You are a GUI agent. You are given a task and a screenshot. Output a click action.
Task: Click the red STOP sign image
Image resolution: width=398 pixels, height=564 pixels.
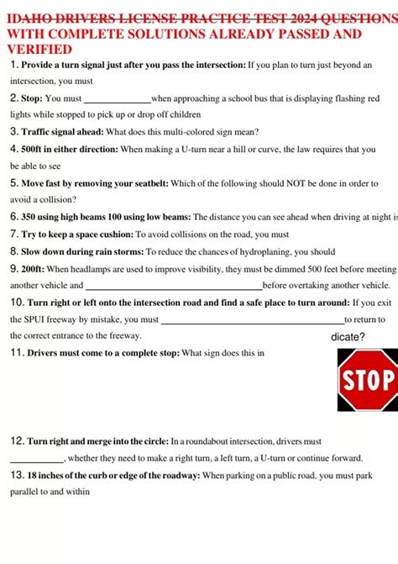point(367,380)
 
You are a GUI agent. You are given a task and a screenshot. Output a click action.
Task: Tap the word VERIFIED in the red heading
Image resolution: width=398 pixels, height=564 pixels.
point(39,50)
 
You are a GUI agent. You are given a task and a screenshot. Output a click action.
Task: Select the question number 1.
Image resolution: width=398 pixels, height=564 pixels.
point(14,65)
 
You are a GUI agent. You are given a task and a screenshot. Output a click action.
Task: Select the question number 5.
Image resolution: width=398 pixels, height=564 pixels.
point(14,182)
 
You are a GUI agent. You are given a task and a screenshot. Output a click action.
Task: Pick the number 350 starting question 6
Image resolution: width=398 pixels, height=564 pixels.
point(31,217)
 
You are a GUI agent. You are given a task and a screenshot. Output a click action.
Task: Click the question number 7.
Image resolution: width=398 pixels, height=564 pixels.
point(14,235)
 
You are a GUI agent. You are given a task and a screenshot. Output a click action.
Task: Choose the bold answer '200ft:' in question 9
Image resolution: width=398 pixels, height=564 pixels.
point(35,269)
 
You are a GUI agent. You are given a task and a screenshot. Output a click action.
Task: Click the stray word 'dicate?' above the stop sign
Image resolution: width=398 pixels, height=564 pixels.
point(348,337)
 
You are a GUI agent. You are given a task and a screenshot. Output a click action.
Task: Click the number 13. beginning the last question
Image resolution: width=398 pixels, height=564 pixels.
point(18,476)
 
